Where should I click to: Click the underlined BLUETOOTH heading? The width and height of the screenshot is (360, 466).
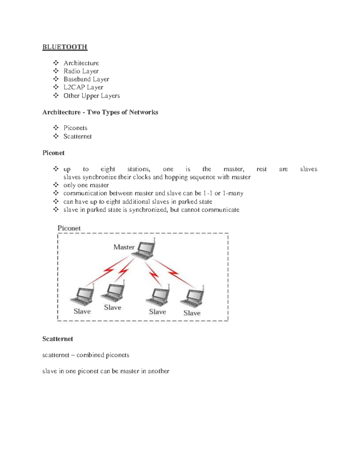coord(64,47)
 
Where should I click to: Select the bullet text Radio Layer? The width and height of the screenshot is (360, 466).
coord(81,71)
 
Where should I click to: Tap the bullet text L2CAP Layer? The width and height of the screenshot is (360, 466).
coord(83,87)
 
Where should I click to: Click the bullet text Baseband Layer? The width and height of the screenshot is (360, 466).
coord(86,79)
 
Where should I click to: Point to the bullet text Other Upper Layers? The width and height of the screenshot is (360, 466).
coord(91,96)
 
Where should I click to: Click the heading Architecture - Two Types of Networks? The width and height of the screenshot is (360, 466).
coord(100,112)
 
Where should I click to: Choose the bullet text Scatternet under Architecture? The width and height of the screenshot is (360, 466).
coord(77,136)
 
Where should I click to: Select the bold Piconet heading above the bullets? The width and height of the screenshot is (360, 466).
coord(53,153)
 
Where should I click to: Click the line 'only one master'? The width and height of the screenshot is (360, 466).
coord(86,185)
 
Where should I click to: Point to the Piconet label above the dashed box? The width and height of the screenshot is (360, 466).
coord(69,228)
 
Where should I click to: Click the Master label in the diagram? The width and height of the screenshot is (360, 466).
coord(124,247)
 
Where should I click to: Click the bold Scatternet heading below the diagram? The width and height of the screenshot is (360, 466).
coord(58,339)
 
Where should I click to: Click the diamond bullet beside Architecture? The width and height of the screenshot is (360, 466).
coord(56,63)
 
